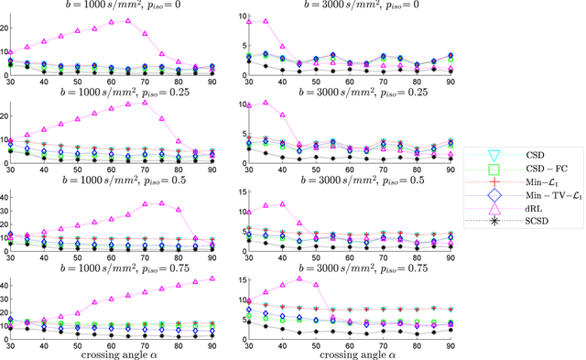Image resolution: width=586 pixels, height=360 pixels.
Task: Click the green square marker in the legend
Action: pos(493,169)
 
